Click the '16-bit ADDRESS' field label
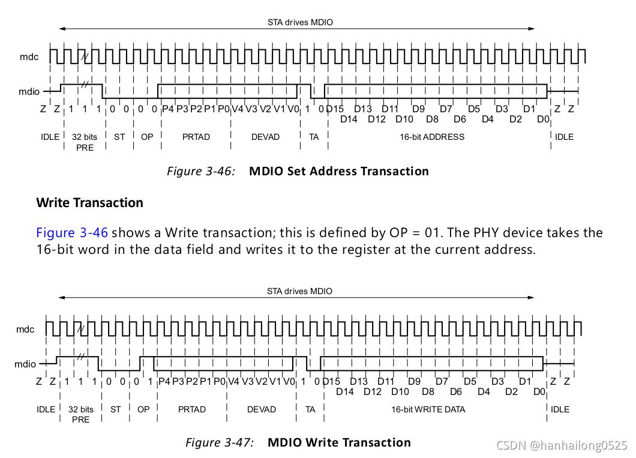click(432, 137)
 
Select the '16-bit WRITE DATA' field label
click(428, 409)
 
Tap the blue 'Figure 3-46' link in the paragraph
click(72, 233)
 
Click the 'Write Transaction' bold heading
click(90, 203)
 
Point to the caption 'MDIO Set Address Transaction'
click(339, 171)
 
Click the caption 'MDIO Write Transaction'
click(339, 443)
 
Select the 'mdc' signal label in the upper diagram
click(28, 56)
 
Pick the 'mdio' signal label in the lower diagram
click(25, 364)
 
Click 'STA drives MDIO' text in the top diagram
click(300, 22)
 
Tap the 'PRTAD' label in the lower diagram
click(192, 409)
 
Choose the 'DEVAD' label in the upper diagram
click(265, 137)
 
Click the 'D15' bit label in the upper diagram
click(335, 109)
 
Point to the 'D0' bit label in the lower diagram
click(539, 392)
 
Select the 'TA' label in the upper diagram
click(314, 137)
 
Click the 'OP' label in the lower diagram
click(143, 409)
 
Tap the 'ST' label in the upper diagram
click(119, 137)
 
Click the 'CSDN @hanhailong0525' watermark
click(562, 445)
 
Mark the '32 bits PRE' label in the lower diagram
click(81, 414)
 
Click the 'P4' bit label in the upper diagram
click(168, 109)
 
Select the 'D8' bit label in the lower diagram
click(428, 392)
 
